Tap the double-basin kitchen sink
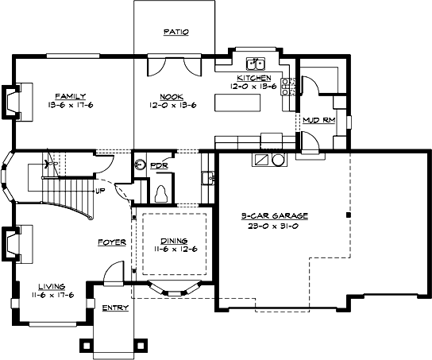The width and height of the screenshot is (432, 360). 254,64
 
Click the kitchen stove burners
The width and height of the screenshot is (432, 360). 290,87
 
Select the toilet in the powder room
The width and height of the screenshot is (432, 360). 162,192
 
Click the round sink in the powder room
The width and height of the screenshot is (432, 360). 141,165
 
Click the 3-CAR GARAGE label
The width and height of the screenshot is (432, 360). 275,216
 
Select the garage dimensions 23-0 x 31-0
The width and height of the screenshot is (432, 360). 275,226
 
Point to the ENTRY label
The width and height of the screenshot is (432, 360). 109,307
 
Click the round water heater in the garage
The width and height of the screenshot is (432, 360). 278,160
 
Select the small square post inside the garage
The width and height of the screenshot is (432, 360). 348,215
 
